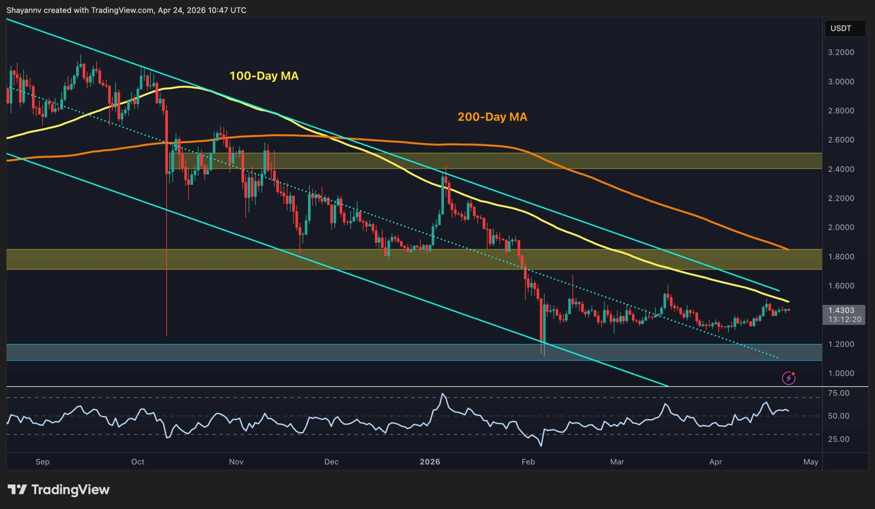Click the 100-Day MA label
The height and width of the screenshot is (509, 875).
click(x=264, y=76)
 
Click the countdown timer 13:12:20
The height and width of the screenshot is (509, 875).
click(x=845, y=319)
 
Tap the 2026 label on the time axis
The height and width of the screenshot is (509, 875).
click(x=430, y=462)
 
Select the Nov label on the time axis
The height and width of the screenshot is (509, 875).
click(x=236, y=462)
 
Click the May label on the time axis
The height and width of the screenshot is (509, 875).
click(x=811, y=462)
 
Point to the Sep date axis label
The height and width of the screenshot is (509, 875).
click(x=42, y=462)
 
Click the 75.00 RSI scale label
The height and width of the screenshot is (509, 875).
click(x=838, y=393)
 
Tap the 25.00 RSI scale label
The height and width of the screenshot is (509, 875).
click(x=838, y=439)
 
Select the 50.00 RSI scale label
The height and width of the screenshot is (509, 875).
click(x=838, y=416)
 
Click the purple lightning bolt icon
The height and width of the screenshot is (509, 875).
click(x=789, y=378)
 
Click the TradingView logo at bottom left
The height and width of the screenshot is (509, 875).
click(x=58, y=490)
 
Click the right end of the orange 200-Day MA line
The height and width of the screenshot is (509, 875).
click(x=788, y=249)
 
